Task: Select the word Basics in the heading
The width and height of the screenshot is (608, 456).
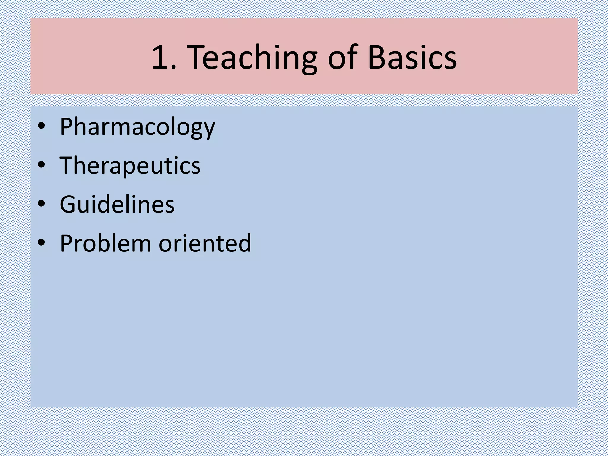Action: click(412, 57)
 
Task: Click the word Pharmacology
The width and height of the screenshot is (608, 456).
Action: click(137, 127)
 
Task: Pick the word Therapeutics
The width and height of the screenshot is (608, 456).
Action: click(130, 166)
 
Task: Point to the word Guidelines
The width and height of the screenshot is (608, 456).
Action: click(117, 205)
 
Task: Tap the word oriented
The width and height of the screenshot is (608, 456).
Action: click(205, 243)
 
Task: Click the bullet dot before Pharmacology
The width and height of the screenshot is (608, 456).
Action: click(41, 127)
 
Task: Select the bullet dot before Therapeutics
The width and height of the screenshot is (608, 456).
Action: click(41, 165)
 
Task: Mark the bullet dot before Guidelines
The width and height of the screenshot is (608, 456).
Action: click(41, 204)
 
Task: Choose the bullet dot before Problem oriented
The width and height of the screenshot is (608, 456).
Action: click(41, 243)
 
